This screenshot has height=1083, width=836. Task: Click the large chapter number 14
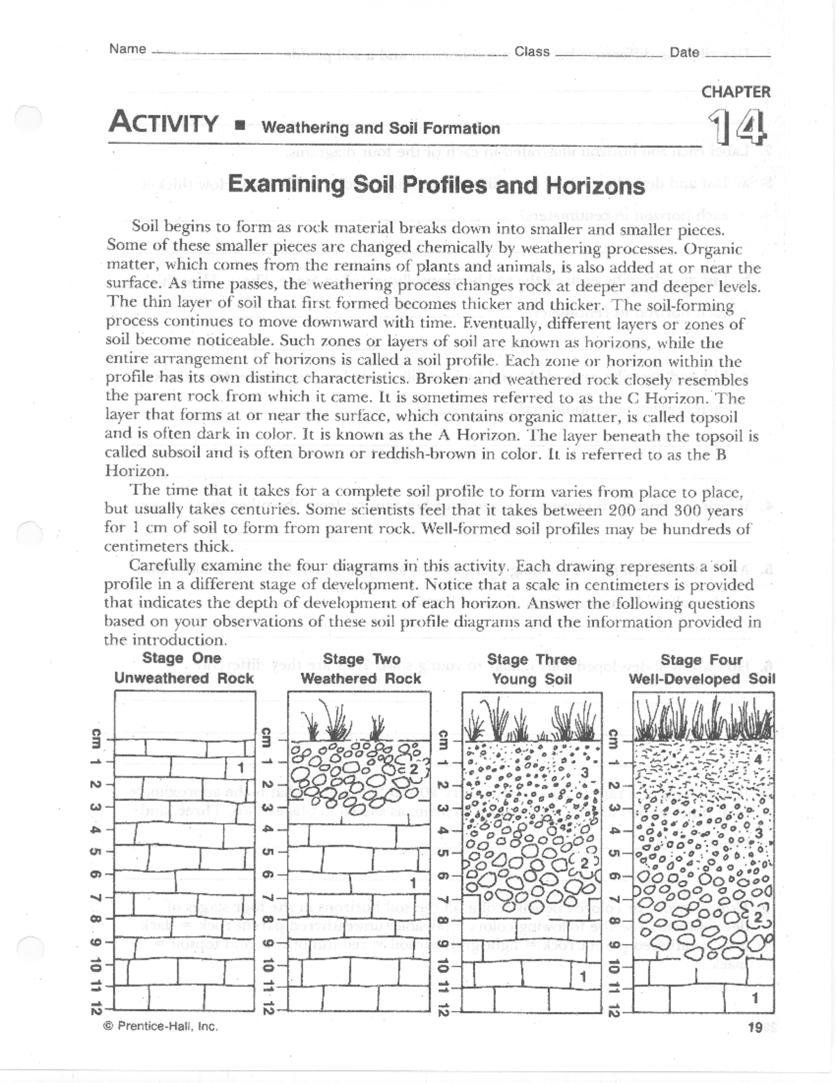coord(738,129)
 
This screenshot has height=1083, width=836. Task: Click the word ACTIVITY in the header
coord(164,123)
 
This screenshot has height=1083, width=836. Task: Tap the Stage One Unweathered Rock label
coord(183,668)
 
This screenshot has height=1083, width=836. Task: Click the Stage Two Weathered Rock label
coord(361,669)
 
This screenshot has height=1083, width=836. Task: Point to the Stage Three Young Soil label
coord(532,669)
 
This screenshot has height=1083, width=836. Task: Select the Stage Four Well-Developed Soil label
coord(702,669)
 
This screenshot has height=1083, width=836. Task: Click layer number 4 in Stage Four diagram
coord(759,758)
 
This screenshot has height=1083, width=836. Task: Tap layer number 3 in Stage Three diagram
coord(585,773)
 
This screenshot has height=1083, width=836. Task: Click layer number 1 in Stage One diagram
coord(240,769)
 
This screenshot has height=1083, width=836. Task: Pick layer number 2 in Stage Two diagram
coord(412,769)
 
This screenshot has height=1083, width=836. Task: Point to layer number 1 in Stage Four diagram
coord(754,999)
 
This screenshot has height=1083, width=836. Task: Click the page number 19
coord(754,1027)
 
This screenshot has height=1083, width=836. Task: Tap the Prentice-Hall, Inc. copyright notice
coord(160,1026)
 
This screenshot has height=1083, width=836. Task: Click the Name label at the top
coord(127,49)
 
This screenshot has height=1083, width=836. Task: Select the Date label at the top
coord(684,52)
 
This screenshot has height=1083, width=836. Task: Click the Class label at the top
coord(532,52)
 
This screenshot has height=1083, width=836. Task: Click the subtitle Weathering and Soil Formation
coord(380,128)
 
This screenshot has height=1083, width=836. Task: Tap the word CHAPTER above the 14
coord(736,92)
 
